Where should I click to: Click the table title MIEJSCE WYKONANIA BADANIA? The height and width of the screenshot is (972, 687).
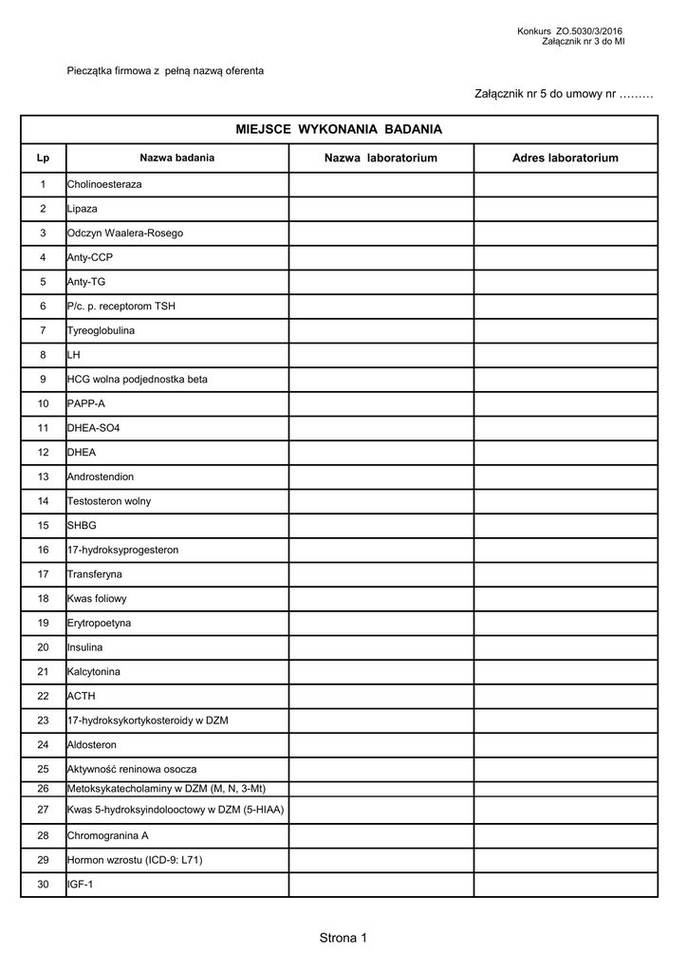pyautogui.click(x=339, y=129)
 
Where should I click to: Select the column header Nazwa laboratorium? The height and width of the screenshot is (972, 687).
pyautogui.click(x=381, y=158)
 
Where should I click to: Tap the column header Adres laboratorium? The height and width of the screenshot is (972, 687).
pyautogui.click(x=565, y=158)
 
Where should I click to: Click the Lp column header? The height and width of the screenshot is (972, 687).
pyautogui.click(x=43, y=158)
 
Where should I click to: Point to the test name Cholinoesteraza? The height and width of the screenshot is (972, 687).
pyautogui.click(x=104, y=184)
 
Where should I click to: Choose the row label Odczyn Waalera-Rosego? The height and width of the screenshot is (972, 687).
pyautogui.click(x=125, y=233)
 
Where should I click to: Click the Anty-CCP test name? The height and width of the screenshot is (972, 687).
pyautogui.click(x=90, y=257)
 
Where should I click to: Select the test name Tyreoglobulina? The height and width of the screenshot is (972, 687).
pyautogui.click(x=101, y=330)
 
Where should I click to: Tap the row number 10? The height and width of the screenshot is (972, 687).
pyautogui.click(x=43, y=403)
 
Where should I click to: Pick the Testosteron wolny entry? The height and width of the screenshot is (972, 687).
pyautogui.click(x=109, y=501)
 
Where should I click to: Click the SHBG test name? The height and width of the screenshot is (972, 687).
pyautogui.click(x=82, y=525)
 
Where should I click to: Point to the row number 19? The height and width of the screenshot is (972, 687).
pyautogui.click(x=43, y=623)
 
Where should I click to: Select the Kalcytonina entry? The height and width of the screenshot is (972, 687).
pyautogui.click(x=95, y=672)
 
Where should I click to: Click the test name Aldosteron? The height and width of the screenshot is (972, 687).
pyautogui.click(x=92, y=745)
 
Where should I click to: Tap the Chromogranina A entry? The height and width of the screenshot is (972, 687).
pyautogui.click(x=108, y=836)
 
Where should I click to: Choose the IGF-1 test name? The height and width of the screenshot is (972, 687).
pyautogui.click(x=81, y=885)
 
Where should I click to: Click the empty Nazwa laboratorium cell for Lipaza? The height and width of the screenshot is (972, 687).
pyautogui.click(x=381, y=209)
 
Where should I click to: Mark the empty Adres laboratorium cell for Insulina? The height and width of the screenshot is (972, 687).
pyautogui.click(x=565, y=647)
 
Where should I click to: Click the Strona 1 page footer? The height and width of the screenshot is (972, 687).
pyautogui.click(x=343, y=939)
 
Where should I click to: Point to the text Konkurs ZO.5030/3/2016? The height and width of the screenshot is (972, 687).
pyautogui.click(x=570, y=32)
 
